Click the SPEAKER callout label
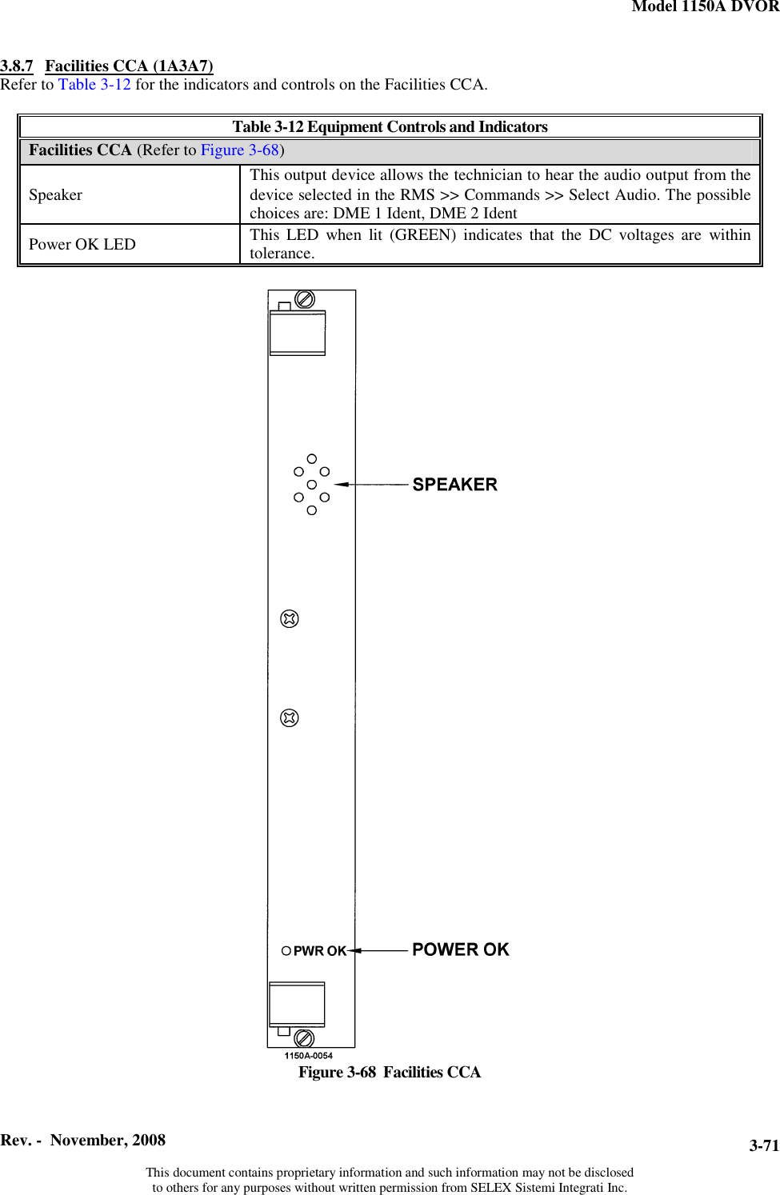click(x=454, y=485)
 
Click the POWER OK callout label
click(x=460, y=949)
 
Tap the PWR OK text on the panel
click(x=319, y=951)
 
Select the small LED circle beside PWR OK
click(x=286, y=951)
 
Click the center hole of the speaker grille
click(x=312, y=485)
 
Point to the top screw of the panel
click(x=305, y=299)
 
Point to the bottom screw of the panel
click(x=304, y=1038)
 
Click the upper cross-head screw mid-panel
click(x=290, y=619)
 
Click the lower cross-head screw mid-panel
click(x=290, y=718)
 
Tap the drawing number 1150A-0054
click(x=309, y=1056)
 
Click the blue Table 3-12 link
click(x=94, y=85)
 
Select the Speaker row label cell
click(x=56, y=195)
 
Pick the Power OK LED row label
click(x=82, y=245)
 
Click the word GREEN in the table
click(x=422, y=235)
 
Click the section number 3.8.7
click(x=17, y=66)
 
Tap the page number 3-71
click(x=763, y=1145)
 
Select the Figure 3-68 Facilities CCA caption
click(x=390, y=1073)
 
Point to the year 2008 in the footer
click(x=149, y=1141)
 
